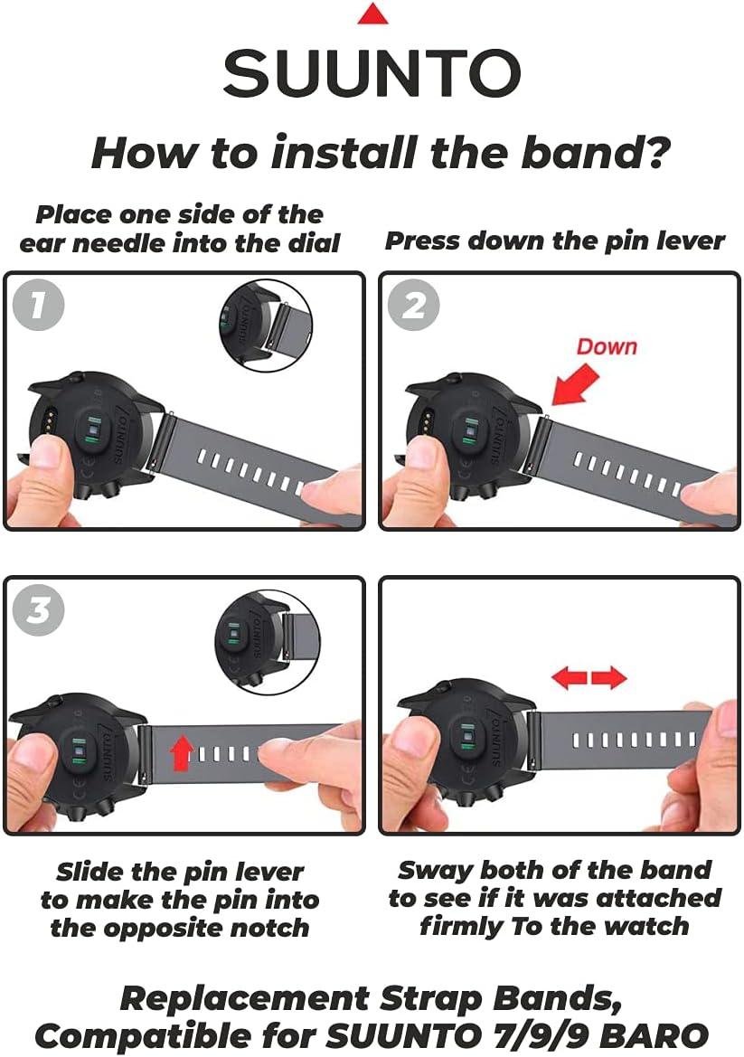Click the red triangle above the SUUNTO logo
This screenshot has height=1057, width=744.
(372, 14)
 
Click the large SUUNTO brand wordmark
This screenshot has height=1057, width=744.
(372, 73)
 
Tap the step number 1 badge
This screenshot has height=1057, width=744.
(38, 305)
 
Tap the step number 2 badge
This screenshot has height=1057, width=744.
(414, 305)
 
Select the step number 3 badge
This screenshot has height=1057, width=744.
(38, 610)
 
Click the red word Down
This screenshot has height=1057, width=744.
(607, 346)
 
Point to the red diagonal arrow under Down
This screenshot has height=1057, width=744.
(575, 384)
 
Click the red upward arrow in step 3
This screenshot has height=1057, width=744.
(181, 752)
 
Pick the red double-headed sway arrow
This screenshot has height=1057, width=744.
(589, 677)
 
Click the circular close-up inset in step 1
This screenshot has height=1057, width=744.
(266, 326)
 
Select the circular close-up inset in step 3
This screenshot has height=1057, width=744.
(268, 643)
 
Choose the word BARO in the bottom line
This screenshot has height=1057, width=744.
(654, 1035)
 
